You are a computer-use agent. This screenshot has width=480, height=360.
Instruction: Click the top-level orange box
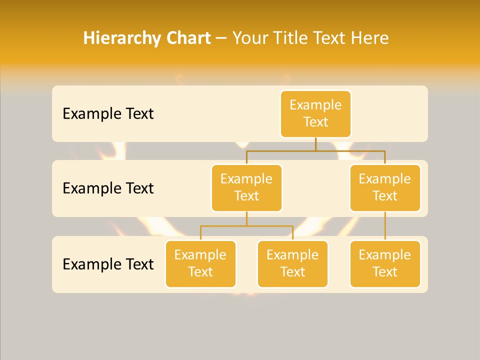315,114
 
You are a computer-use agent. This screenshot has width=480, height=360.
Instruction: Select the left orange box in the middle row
246,188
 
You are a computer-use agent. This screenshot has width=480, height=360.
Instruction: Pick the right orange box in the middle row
385,188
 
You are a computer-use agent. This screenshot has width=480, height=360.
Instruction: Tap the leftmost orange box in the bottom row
200,264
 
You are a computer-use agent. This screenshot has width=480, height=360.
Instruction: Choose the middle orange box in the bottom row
292,264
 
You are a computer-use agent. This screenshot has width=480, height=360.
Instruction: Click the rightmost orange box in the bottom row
385,264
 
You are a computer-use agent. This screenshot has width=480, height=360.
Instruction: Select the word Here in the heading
370,38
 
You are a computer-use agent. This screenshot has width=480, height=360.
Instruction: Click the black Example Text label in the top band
108,114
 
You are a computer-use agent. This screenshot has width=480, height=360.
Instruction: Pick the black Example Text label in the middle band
108,188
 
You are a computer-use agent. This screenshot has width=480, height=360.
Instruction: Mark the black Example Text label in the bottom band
108,264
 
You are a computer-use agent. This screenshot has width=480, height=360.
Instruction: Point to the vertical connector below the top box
315,144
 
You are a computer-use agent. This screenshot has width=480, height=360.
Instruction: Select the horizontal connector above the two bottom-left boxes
246,226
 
